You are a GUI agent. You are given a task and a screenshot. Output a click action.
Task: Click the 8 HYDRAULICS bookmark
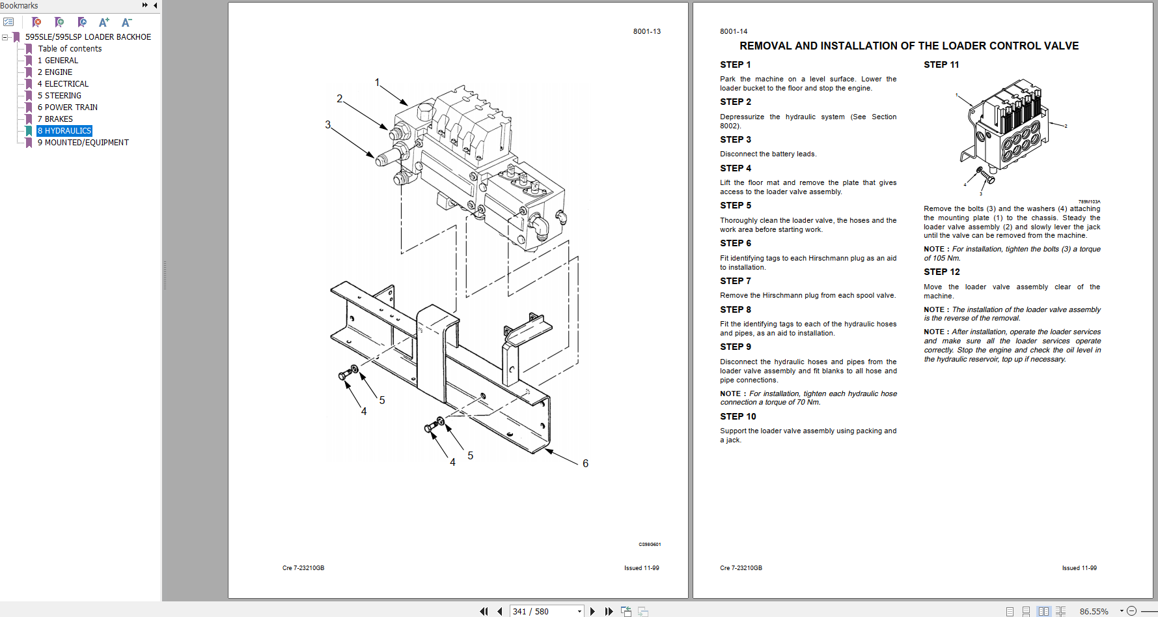[64, 131]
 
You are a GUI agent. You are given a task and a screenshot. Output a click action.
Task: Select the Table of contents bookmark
[70, 49]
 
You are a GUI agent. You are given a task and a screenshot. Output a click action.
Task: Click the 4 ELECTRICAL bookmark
[62, 84]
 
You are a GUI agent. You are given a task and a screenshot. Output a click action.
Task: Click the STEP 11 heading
[941, 65]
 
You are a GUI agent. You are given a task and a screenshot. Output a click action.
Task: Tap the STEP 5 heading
[735, 205]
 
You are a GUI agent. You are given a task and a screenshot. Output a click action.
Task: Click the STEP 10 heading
[738, 416]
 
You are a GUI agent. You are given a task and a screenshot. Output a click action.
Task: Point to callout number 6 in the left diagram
[585, 463]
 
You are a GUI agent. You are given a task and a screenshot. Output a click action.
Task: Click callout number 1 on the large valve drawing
[377, 82]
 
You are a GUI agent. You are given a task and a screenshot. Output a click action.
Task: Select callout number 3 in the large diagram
[327, 124]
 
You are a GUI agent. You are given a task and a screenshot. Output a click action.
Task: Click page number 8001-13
[646, 31]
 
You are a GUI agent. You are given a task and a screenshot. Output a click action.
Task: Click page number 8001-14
[734, 31]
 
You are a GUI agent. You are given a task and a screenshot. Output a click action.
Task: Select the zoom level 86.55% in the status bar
[1094, 611]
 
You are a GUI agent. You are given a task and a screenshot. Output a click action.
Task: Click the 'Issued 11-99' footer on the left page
[641, 568]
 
